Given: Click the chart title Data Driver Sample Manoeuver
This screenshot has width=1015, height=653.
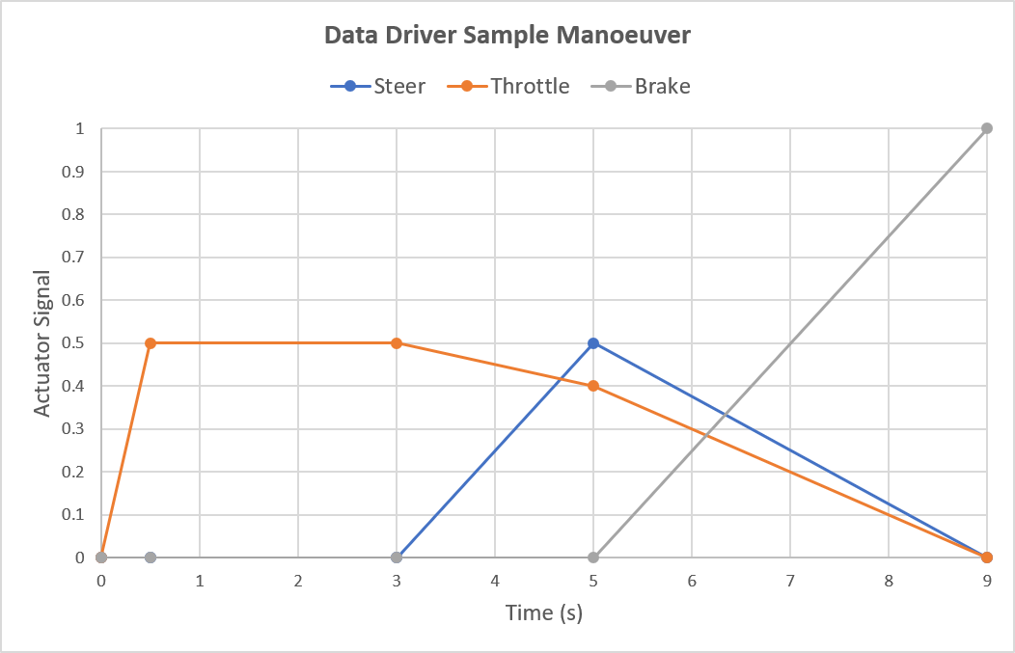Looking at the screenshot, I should [x=507, y=36].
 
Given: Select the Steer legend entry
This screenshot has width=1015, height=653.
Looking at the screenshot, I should [x=399, y=86].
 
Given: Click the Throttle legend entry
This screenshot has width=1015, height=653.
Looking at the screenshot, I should [x=530, y=86].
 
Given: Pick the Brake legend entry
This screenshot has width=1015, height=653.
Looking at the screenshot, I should [x=662, y=86].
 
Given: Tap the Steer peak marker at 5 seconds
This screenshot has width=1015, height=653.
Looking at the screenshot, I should [x=593, y=343].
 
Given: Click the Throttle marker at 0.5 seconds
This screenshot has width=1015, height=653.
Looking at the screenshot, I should [x=151, y=343].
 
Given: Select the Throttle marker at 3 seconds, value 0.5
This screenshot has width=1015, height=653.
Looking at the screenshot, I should [x=397, y=343].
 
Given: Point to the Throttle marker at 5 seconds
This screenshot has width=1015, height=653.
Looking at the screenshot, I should [x=593, y=386].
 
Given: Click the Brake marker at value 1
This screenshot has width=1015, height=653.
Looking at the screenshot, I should [x=987, y=128].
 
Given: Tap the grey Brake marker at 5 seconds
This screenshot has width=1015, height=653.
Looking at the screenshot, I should [x=593, y=558].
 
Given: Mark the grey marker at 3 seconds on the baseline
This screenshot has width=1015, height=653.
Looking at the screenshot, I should [x=397, y=558].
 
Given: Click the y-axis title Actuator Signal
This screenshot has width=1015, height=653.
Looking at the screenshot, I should [x=42, y=343].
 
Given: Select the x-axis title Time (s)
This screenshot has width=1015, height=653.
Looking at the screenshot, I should [x=544, y=613].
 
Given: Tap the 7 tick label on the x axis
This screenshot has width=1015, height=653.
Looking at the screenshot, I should [x=790, y=582].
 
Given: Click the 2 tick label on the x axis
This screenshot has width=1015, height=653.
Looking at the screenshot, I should [x=298, y=582].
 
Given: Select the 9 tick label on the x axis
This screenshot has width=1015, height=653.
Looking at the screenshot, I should [x=987, y=582].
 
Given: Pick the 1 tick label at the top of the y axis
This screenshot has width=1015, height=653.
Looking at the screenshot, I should [x=81, y=129].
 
